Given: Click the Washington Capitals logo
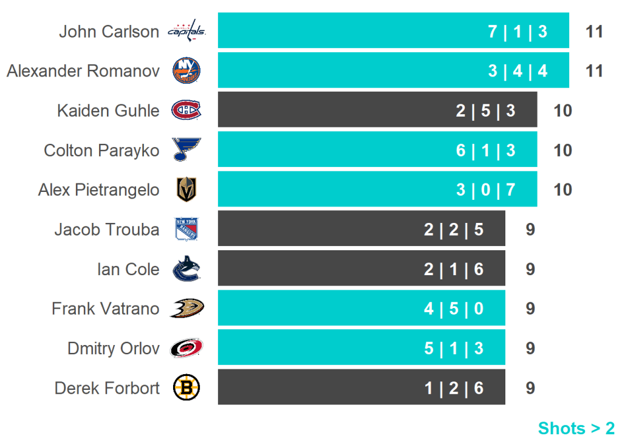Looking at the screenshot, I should (186, 31).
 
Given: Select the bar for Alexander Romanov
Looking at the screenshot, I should (393, 70).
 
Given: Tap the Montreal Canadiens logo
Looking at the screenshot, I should (186, 110).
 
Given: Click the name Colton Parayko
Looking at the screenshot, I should (101, 150).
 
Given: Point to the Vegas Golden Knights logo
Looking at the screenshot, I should (186, 190).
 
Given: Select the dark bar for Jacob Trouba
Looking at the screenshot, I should (361, 229).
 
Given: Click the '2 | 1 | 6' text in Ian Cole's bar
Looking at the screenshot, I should (454, 269).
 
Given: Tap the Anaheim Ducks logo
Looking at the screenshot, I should (186, 309).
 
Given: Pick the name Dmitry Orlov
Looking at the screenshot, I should (114, 349).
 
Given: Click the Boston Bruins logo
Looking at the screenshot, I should (186, 388).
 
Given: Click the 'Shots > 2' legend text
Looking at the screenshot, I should (576, 428).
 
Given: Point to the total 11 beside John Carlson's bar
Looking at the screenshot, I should (594, 32).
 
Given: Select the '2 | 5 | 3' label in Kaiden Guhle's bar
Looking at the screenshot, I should (486, 111).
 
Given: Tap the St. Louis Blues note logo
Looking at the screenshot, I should (186, 149).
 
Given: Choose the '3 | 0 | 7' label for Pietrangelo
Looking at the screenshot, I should (486, 190).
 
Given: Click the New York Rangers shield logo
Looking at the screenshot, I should (186, 230).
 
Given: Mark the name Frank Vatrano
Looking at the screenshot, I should (105, 309).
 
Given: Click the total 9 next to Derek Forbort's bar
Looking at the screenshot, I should (530, 388).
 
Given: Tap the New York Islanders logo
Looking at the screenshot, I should (186, 71).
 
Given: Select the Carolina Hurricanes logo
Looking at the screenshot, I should (186, 348).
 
